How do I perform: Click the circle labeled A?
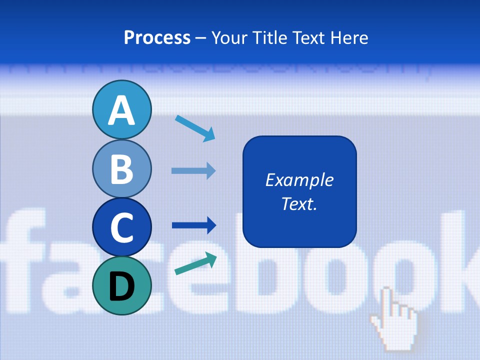(122, 109)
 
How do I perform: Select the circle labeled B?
(122, 169)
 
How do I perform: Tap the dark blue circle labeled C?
(122, 227)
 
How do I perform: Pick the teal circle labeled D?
(122, 285)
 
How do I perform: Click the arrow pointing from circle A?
(195, 128)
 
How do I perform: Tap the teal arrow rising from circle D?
(195, 263)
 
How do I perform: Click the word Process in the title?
(157, 38)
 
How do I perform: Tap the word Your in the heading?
(229, 38)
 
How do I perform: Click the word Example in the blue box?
(299, 180)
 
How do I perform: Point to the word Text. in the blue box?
(299, 204)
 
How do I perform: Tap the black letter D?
(122, 286)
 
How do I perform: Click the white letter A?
(122, 110)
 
